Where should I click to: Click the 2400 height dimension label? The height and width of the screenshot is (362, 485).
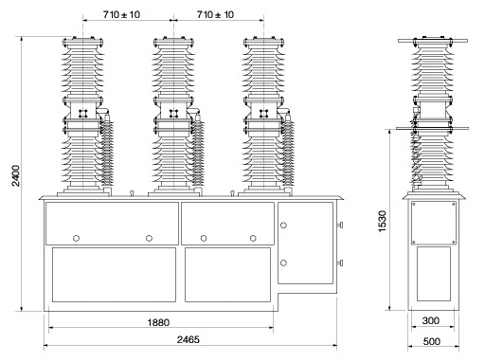click(x=16, y=176)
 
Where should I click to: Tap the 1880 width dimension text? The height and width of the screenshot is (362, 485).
click(x=158, y=322)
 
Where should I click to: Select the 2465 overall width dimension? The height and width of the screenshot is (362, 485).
click(x=189, y=339)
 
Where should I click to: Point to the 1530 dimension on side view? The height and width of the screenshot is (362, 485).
click(x=383, y=222)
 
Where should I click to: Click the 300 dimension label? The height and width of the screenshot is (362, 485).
click(x=431, y=320)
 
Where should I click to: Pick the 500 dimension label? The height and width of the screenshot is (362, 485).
click(x=432, y=341)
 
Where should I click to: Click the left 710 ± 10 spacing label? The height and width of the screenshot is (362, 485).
click(x=121, y=14)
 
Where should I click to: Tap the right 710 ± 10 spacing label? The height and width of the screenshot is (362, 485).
click(x=215, y=14)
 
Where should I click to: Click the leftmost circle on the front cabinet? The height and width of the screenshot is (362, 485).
click(x=76, y=238)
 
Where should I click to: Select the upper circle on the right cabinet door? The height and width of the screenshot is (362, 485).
click(x=283, y=226)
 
